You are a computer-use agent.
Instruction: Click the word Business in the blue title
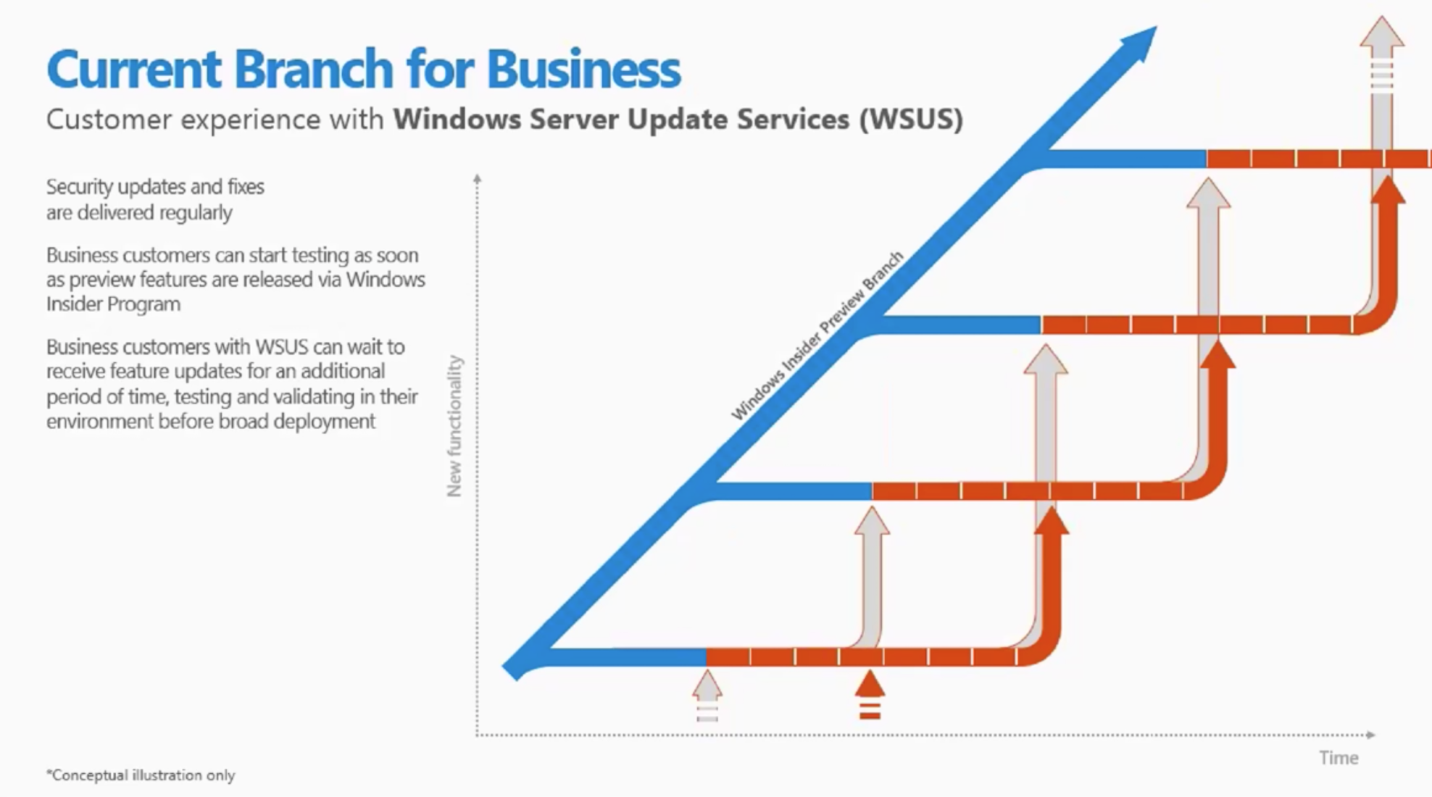(583, 70)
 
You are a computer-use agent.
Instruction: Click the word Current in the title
(134, 70)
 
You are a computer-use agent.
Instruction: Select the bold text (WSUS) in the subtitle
(912, 120)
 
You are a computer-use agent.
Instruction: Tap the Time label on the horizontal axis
(1339, 758)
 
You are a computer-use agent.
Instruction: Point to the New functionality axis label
(454, 426)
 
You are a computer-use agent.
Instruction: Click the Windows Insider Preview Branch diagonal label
(817, 336)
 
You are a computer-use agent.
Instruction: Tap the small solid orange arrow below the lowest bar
(870, 685)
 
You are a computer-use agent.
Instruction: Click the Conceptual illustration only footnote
(141, 775)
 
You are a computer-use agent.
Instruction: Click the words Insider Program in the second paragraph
(113, 304)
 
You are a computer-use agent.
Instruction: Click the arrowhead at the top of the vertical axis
(477, 178)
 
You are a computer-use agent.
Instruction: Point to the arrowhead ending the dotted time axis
(1370, 735)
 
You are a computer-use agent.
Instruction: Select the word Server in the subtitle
(574, 120)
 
